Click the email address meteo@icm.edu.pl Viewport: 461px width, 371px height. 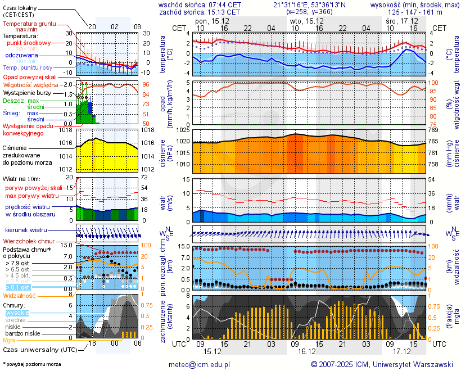[x=200, y=364]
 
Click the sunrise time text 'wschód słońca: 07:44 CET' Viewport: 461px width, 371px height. [x=200, y=4]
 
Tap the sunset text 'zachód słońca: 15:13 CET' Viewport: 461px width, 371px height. [x=200, y=12]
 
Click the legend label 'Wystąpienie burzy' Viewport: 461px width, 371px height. [x=28, y=92]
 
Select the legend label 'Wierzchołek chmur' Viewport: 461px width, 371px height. [x=32, y=241]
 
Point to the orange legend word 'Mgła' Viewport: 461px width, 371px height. [x=9, y=340]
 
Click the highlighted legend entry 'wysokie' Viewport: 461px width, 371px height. [x=17, y=313]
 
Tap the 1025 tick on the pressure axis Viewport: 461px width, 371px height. [x=182, y=130]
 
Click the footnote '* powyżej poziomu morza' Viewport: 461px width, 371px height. [x=31, y=364]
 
